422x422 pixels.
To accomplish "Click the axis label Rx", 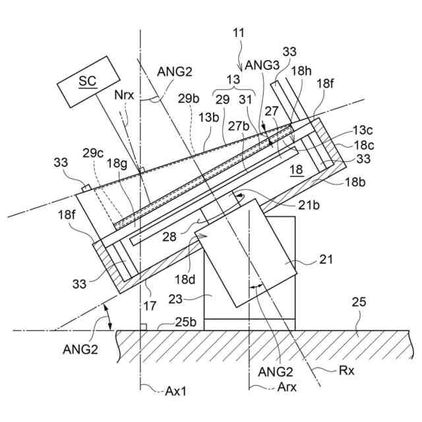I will [x=346, y=371].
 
